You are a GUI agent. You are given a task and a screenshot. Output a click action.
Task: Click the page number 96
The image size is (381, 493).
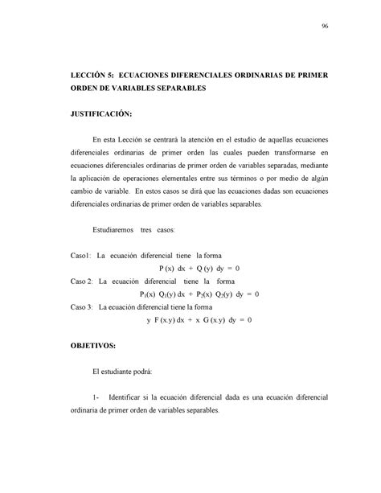(325, 27)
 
